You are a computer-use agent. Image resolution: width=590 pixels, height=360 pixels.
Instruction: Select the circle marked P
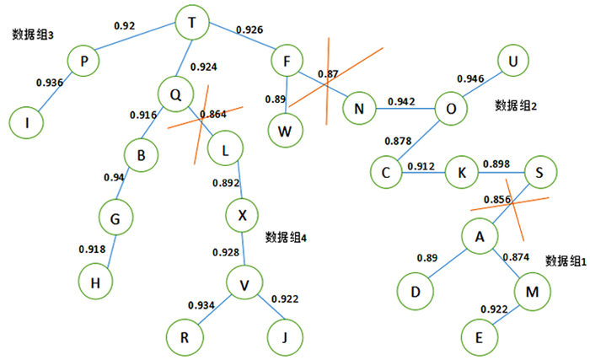coord(84,62)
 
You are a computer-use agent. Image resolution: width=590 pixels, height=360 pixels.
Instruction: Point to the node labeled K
coord(462,172)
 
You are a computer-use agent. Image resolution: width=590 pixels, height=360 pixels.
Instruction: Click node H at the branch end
coord(95,283)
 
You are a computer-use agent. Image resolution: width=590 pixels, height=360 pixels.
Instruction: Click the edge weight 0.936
coord(50,83)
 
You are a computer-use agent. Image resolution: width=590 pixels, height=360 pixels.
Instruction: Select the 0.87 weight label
coord(328,75)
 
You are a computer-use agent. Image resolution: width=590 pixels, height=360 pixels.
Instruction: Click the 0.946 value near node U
coord(470,79)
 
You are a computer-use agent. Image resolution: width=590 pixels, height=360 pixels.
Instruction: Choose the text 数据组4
coord(286,238)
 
